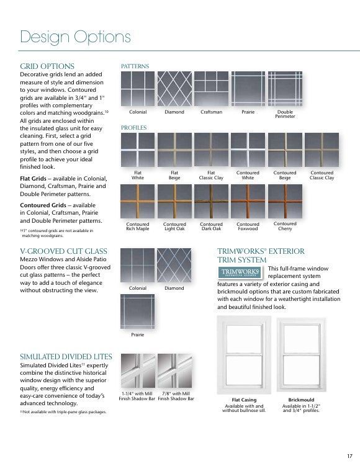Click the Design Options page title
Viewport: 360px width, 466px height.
(x=75, y=37)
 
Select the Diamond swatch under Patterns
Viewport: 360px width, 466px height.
(x=174, y=89)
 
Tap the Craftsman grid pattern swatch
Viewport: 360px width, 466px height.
(x=212, y=89)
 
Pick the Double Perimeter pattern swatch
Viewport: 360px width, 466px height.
(x=285, y=89)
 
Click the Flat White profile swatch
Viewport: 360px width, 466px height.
(x=138, y=150)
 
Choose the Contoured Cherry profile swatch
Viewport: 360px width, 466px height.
(x=285, y=201)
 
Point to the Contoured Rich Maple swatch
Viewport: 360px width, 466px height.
(x=138, y=201)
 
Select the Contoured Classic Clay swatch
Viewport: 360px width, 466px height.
(x=322, y=150)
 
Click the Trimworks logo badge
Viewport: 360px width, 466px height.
(x=240, y=272)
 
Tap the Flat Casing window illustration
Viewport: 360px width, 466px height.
(x=244, y=355)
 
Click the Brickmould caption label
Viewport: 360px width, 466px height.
(x=301, y=400)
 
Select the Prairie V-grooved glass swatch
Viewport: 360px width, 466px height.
(x=137, y=311)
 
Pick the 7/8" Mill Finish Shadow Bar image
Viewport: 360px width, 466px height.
(x=175, y=370)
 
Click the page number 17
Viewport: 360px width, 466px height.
(x=349, y=456)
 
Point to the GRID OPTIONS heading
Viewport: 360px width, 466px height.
(x=47, y=66)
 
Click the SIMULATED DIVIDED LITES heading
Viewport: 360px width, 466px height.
(x=66, y=357)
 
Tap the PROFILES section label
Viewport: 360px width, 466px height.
(x=134, y=128)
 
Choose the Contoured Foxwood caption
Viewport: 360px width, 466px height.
(x=248, y=226)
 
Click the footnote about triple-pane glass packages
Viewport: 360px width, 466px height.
(x=63, y=412)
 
